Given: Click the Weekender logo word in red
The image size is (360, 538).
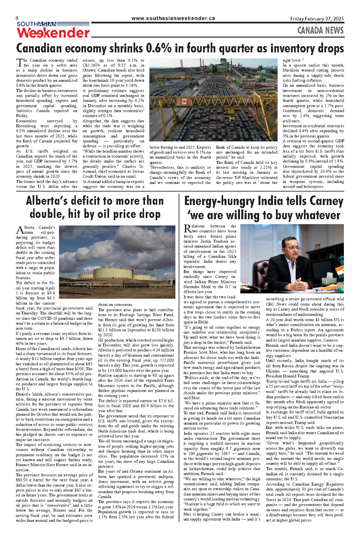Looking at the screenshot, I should point(53,33).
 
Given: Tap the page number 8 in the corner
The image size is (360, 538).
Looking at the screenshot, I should point(17,18).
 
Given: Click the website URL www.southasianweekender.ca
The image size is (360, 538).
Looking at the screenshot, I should point(173,18).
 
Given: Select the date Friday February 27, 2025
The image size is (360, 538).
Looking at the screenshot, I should point(317,19).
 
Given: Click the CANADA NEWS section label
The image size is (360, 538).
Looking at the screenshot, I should point(320,31).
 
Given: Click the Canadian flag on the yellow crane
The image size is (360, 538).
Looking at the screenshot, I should point(184,101).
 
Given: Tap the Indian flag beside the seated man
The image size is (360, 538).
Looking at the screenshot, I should point(340,271).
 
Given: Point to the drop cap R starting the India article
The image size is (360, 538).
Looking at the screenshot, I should point(187,228).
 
